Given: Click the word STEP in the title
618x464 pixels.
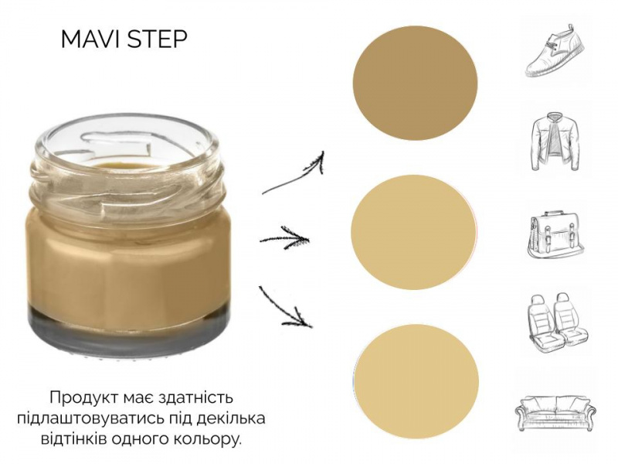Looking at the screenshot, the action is (x=158, y=39).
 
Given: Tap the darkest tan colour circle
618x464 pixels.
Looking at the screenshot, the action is (x=415, y=84).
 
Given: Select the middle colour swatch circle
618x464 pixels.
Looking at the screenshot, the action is (x=414, y=232).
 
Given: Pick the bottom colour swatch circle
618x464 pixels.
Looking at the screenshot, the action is (x=416, y=381).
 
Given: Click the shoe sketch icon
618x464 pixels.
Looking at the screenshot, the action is (x=555, y=50).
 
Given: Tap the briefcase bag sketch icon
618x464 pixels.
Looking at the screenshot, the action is (x=555, y=235).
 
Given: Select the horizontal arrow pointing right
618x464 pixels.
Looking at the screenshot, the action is (x=284, y=239).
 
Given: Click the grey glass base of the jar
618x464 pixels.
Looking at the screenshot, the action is (x=128, y=329).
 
